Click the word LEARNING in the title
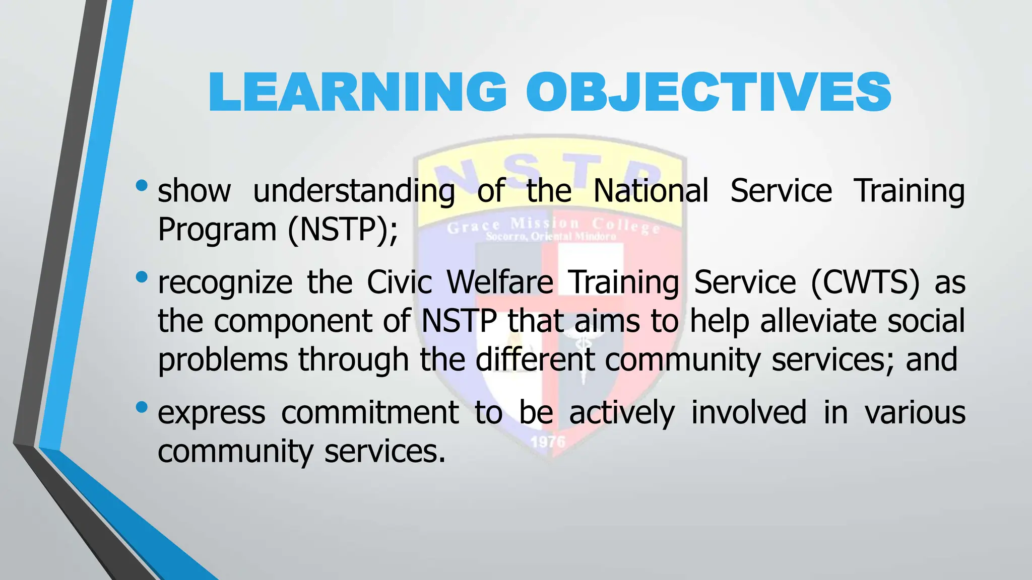357,92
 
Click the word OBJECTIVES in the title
708,92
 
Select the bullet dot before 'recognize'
142,276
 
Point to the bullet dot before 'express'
142,406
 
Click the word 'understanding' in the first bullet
354,191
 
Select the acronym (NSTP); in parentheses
343,230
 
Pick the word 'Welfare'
500,281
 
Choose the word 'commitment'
370,412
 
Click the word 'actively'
621,413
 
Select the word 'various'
915,412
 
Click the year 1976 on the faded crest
548,442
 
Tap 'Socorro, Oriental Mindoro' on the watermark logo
551,237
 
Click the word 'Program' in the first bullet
217,231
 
